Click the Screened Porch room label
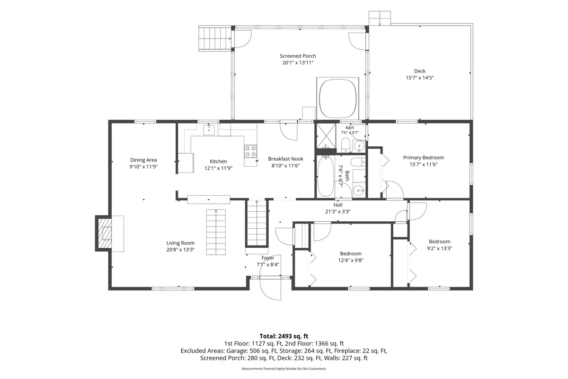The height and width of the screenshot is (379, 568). [x=298, y=56]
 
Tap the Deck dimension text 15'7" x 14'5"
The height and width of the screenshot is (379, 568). [x=420, y=78]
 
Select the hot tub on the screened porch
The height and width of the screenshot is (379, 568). [x=337, y=99]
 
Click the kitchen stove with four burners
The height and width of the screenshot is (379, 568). [x=250, y=151]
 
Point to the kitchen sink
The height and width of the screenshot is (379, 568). [x=209, y=130]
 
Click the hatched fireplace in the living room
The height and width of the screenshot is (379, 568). [x=104, y=233]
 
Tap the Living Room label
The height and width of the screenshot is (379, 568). [x=180, y=243]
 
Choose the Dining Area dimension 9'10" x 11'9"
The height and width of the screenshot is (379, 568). [x=143, y=167]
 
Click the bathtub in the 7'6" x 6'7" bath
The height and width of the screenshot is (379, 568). [x=326, y=177]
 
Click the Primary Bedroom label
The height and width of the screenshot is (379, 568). [x=424, y=158]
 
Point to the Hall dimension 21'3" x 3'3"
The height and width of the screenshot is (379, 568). [x=338, y=211]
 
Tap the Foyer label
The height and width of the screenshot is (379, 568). [x=268, y=258]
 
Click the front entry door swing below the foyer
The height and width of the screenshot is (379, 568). [x=270, y=289]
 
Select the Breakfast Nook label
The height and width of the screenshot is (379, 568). [x=285, y=159]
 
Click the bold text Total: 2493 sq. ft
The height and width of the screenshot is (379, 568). [x=284, y=336]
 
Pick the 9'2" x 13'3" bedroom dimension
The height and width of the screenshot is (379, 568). [x=439, y=248]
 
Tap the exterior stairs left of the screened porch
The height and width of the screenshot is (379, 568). [x=215, y=38]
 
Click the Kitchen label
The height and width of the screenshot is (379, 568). [x=218, y=162]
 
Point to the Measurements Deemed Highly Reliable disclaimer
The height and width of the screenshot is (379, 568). [x=284, y=369]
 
